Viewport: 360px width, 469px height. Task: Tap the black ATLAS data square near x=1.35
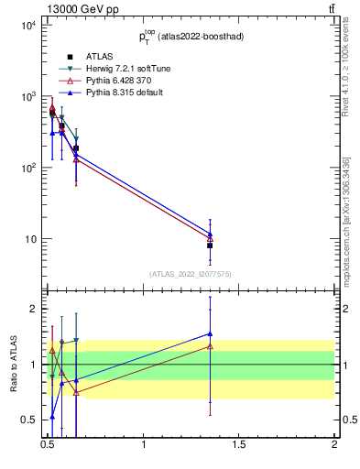[x=210, y=245]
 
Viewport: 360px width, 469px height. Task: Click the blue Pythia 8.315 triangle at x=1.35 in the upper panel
[x=210, y=234]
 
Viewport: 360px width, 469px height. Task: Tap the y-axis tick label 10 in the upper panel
[x=29, y=240]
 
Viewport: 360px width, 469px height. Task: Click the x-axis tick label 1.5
[x=239, y=445]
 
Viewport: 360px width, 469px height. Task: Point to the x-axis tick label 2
[x=334, y=445]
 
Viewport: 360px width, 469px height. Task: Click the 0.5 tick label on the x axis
[x=49, y=445]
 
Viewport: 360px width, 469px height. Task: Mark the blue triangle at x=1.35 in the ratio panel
[x=210, y=334]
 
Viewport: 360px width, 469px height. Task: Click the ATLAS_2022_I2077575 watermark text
[x=191, y=274]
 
